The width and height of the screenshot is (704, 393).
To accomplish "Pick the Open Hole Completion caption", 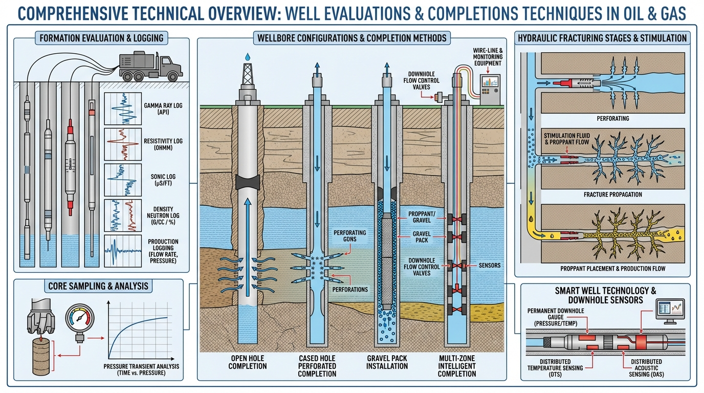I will coord(248,362).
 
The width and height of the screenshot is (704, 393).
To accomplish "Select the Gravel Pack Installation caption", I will coord(387,362).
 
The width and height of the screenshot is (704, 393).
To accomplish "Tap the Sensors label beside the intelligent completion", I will coord(490,266).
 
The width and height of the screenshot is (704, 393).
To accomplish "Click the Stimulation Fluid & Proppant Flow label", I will coord(566,139).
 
